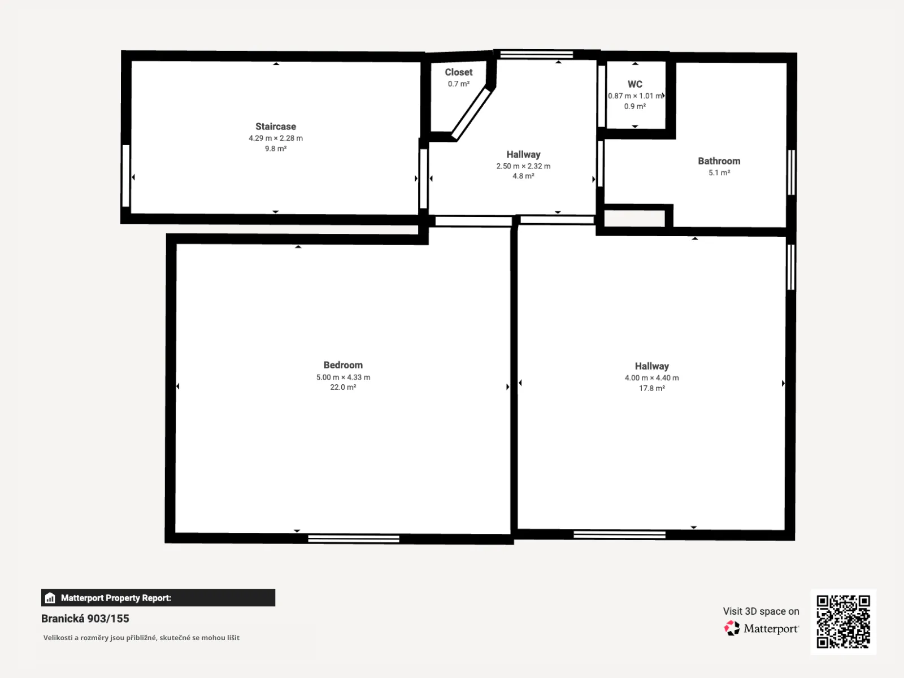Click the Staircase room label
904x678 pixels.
pos(276,127)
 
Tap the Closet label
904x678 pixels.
pos(458,72)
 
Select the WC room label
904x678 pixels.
pos(634,84)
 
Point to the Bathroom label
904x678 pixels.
pos(719,161)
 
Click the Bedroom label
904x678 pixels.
pos(343,365)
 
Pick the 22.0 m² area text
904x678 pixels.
pos(343,387)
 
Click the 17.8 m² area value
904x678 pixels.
pos(651,388)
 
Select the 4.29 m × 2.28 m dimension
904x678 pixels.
pos(276,138)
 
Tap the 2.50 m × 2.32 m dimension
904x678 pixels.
pos(523,166)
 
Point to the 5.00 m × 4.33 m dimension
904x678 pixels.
pos(343,377)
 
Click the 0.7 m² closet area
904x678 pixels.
pos(458,84)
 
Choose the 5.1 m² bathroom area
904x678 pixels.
pos(719,172)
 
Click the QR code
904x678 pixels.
pos(843,621)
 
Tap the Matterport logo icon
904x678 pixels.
pos(732,628)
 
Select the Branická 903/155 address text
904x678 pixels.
pos(85,618)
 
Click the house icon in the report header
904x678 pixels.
pos(50,598)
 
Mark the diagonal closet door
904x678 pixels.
pos(471,114)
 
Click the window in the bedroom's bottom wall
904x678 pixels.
pos(353,539)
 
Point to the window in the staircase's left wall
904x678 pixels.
pos(126,176)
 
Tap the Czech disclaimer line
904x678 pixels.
pos(141,638)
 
